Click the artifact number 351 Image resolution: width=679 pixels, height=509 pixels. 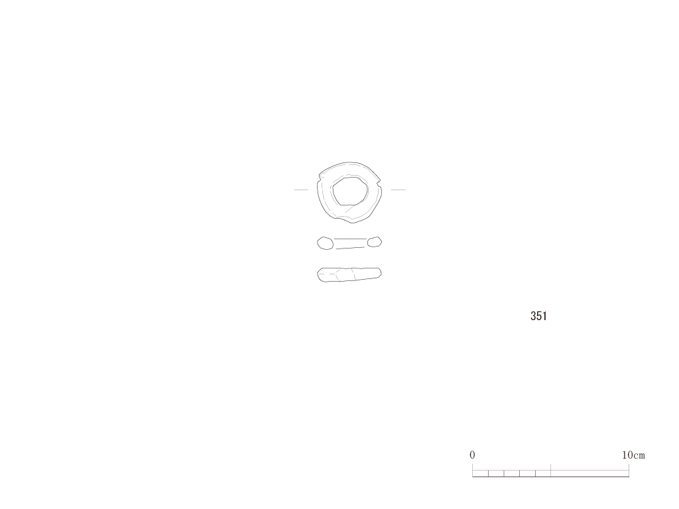tap(538, 316)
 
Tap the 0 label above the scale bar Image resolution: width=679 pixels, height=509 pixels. tap(472, 455)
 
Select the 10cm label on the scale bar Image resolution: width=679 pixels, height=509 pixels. tap(633, 455)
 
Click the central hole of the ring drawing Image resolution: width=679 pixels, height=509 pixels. tap(350, 191)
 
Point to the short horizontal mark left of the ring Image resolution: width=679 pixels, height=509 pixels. tap(302, 190)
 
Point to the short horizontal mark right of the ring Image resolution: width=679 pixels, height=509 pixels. tap(398, 190)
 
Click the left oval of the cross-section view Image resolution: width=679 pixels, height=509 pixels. tap(325, 243)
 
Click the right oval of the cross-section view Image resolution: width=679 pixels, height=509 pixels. tap(375, 242)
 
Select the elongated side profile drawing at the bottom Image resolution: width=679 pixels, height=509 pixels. tap(349, 275)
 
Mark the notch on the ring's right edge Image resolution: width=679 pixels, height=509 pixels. tap(379, 182)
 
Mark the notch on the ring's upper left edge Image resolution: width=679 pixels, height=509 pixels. tap(320, 176)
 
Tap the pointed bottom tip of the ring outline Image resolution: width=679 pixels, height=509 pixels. tap(351, 223)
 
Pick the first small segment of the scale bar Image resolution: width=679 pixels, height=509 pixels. tap(480, 473)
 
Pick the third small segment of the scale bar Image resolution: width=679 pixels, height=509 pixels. tap(512, 473)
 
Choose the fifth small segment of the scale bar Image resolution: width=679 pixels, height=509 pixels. tap(543, 473)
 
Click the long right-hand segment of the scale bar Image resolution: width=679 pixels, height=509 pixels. tap(589, 473)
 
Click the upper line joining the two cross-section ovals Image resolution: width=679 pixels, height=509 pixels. tap(351, 239)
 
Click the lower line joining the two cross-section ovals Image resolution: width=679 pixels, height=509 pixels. tap(350, 248)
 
